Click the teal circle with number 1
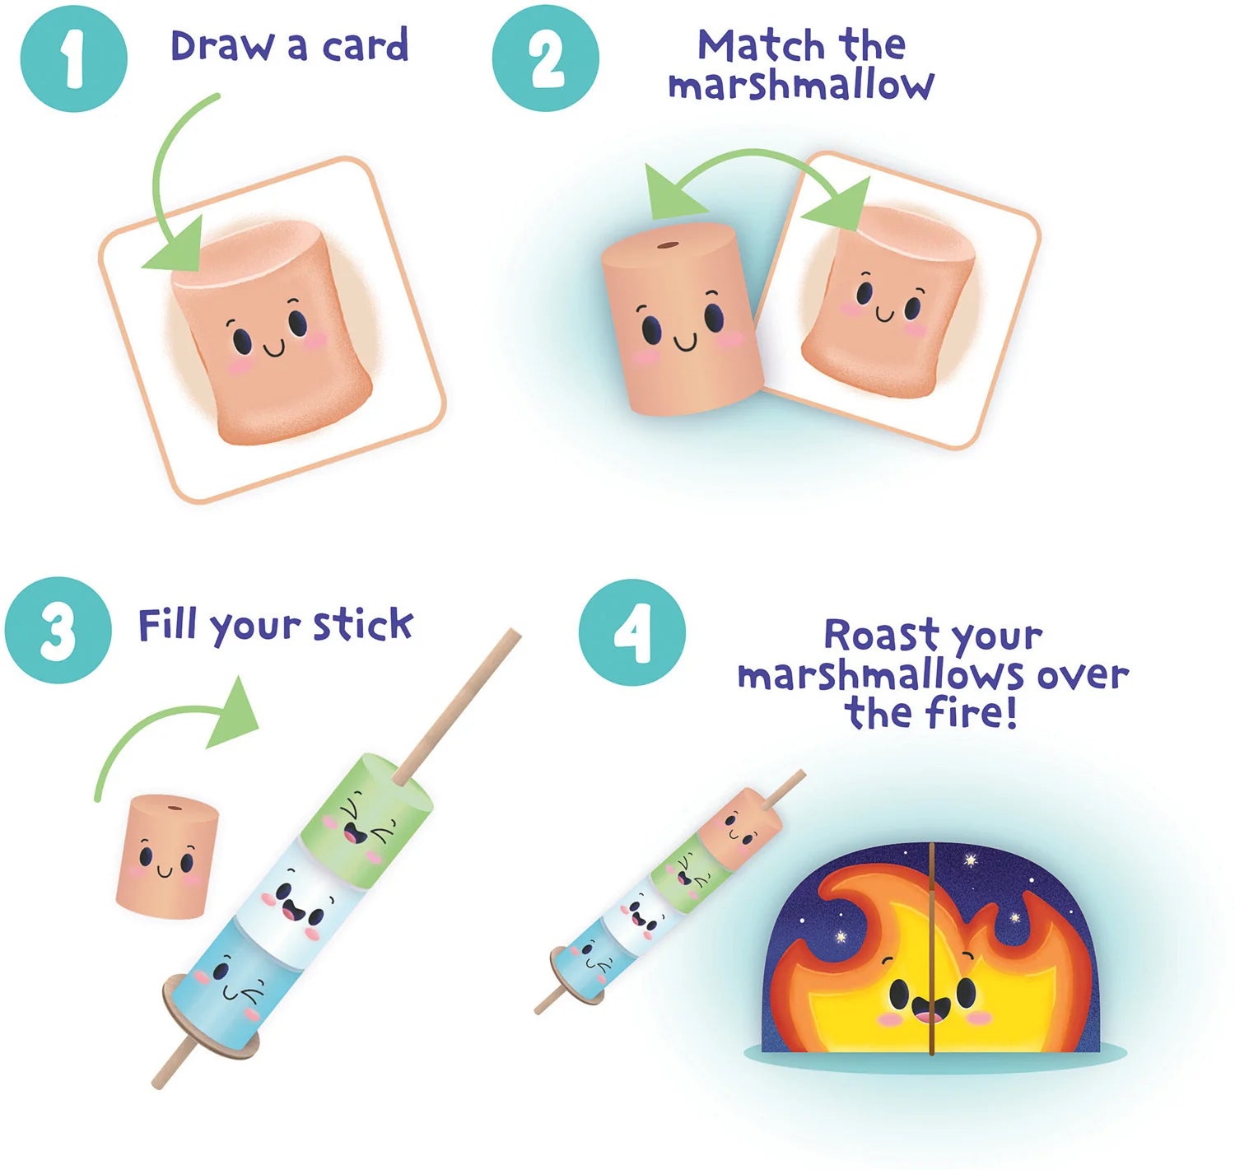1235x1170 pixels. pos(73,58)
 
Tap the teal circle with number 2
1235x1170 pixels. pos(545,58)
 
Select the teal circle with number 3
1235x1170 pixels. pos(58,630)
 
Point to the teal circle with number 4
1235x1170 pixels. pos(631,632)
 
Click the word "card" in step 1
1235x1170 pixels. pos(365,46)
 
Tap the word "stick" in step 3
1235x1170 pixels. pos(362,626)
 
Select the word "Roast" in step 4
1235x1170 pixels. pos(881,636)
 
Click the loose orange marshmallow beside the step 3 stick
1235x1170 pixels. pos(167,856)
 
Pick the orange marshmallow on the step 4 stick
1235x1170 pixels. pos(735,827)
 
